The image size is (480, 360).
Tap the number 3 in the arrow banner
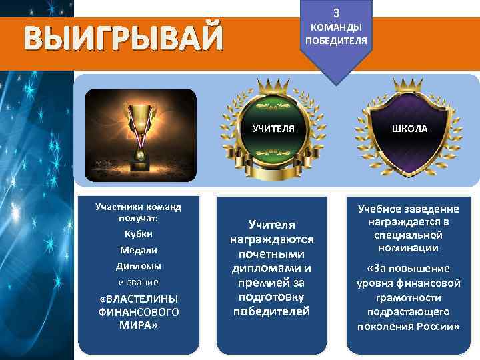coord(336,13)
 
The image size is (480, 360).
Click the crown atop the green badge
coord(272,86)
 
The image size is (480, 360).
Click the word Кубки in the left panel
coord(139,234)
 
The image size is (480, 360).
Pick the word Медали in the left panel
coord(139,250)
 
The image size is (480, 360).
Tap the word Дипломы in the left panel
coord(139,266)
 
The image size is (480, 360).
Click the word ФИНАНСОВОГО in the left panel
coord(139,311)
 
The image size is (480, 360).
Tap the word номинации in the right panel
coord(408,248)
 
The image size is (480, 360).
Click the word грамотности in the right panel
coord(408,297)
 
